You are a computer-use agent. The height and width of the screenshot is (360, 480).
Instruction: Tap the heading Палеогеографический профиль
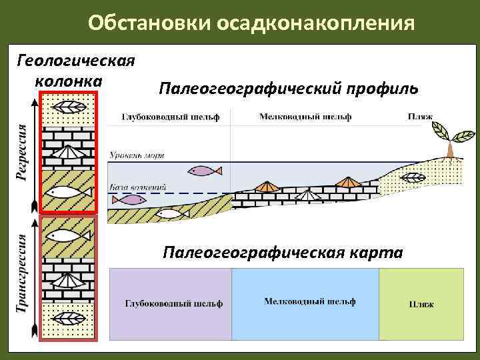[289, 89]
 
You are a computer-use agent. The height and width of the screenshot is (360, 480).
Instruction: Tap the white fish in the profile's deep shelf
[171, 214]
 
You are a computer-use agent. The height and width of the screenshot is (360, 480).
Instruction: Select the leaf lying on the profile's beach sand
[411, 177]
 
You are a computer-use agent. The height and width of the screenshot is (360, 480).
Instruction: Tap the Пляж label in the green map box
[421, 305]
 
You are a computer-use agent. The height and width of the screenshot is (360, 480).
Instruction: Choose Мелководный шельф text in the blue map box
[309, 301]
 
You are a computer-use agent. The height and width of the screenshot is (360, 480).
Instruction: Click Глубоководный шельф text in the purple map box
[173, 304]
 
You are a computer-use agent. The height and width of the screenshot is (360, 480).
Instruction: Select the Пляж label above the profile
[420, 117]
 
